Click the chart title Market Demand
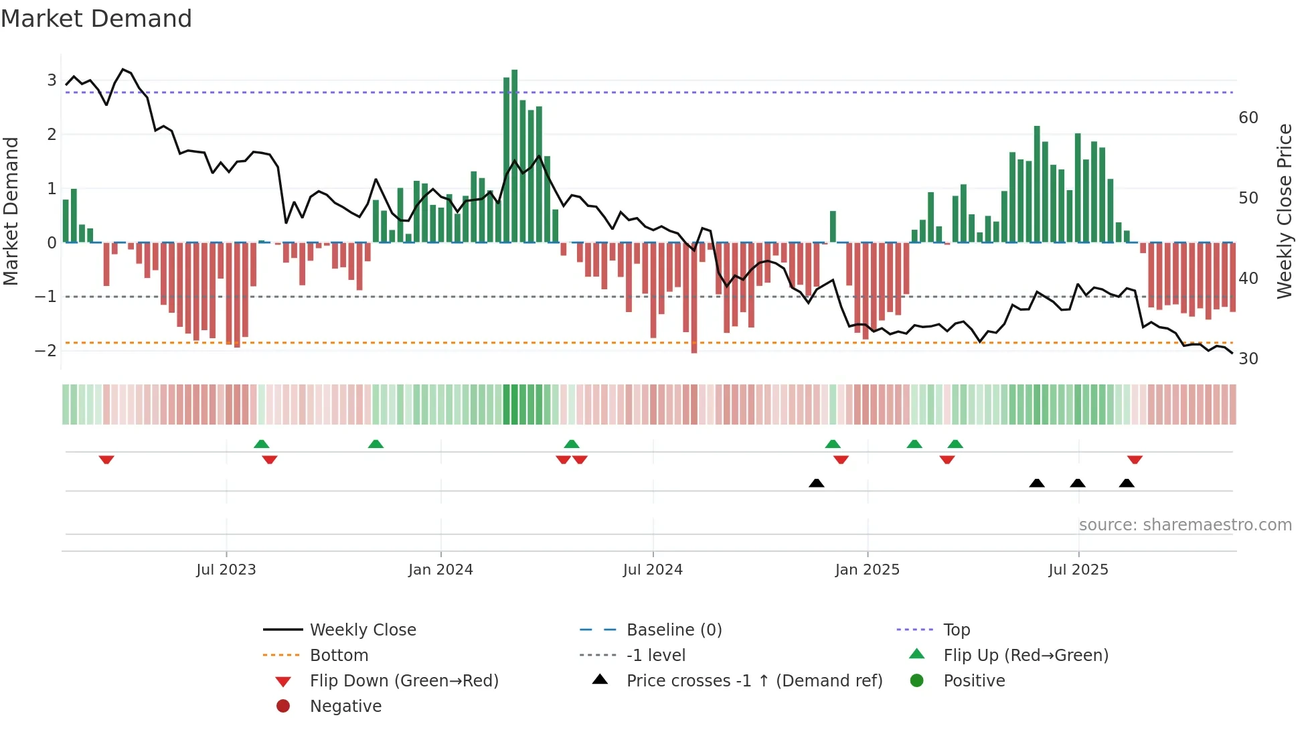coord(96,19)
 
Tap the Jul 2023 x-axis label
coord(226,570)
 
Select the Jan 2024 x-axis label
coord(440,570)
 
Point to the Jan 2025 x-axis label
coord(867,570)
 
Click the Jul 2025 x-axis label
coord(1078,570)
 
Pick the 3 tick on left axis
coord(52,80)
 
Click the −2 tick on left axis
coord(46,351)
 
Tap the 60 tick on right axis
coord(1248,118)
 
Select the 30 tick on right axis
coord(1248,359)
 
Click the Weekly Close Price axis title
coord(1284,211)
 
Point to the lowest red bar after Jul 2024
coord(694,297)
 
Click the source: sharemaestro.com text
coord(1185,525)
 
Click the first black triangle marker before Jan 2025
coord(816,483)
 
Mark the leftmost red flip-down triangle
coord(106,459)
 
